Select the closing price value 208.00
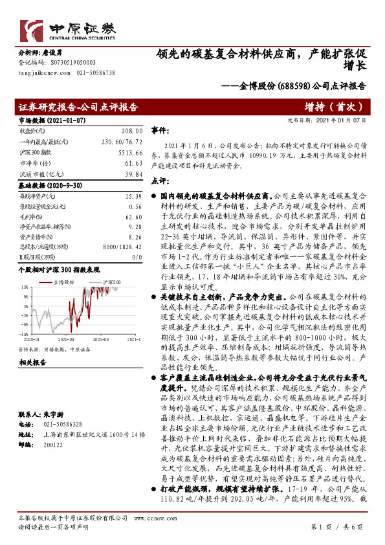(132, 131)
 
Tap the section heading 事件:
(160, 130)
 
